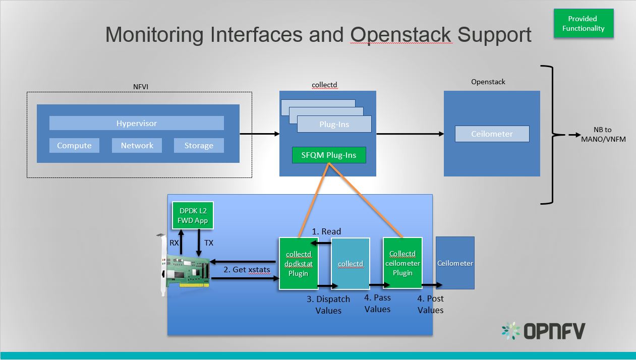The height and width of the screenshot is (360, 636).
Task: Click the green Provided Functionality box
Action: (583, 23)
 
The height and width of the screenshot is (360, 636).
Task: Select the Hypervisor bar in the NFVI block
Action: (137, 123)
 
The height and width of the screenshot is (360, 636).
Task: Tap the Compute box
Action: (74, 145)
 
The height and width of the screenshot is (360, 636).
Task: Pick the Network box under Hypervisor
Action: (137, 145)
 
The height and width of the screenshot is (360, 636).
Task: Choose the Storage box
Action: (198, 145)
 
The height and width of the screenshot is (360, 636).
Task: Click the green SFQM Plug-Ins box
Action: (329, 155)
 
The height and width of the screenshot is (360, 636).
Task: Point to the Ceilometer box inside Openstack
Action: (492, 134)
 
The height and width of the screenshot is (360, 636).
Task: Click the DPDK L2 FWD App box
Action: (190, 215)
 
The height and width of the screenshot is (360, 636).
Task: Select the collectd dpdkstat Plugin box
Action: (298, 264)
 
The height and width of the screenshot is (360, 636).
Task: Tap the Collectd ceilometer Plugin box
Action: (402, 263)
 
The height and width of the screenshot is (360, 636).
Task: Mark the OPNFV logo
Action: (543, 331)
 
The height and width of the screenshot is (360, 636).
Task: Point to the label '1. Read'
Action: (326, 231)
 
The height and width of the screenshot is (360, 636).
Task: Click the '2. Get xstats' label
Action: (247, 270)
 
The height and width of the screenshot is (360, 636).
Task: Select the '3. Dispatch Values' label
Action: (328, 305)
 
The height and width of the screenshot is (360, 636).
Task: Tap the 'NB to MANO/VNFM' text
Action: (603, 135)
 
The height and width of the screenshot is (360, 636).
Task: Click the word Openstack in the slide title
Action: (401, 34)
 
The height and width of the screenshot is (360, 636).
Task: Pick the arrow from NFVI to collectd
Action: (259, 134)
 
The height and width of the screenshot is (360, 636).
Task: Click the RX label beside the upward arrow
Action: (174, 243)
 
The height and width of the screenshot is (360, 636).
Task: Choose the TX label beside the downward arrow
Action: (208, 243)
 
